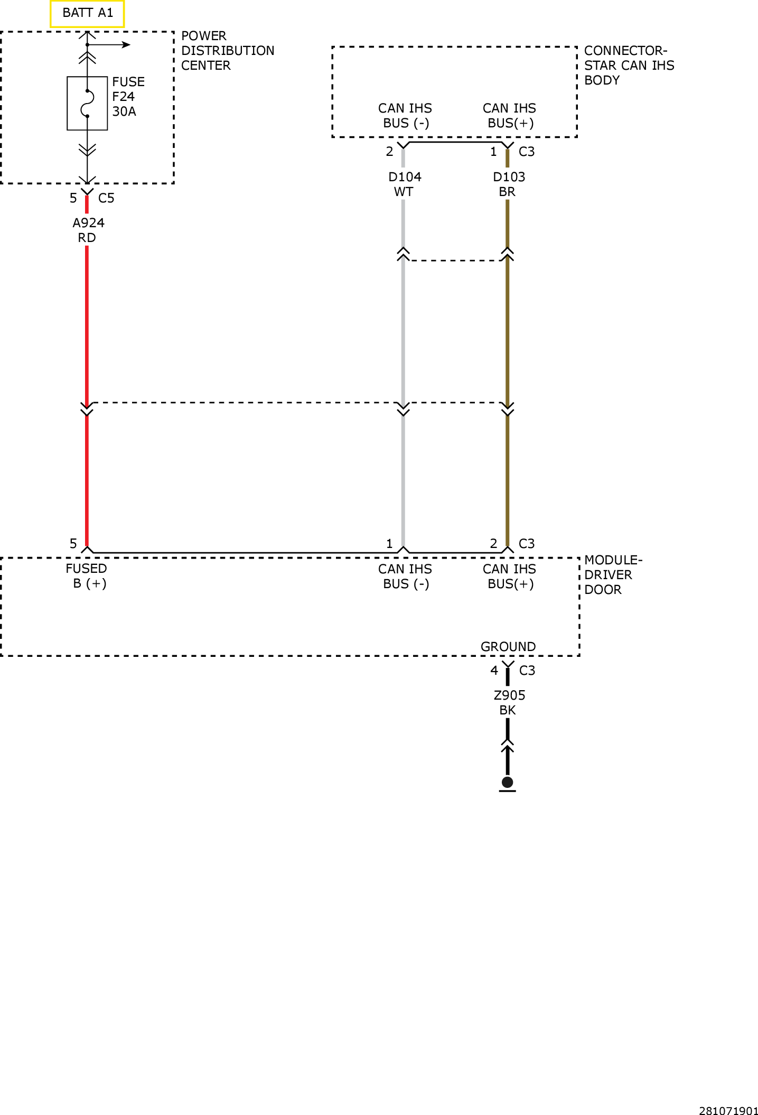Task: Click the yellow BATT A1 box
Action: (x=87, y=13)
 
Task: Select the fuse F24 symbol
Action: (x=87, y=103)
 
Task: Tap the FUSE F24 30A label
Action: (x=128, y=97)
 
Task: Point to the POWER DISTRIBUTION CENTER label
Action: (x=228, y=51)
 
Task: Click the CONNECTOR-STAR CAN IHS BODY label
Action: (x=629, y=66)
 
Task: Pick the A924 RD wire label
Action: (x=88, y=230)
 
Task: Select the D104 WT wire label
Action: (x=405, y=184)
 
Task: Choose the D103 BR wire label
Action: (x=509, y=184)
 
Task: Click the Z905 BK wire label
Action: (x=509, y=703)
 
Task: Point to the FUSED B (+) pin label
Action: (x=87, y=576)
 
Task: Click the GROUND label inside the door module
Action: (x=508, y=647)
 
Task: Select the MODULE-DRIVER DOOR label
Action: (x=613, y=575)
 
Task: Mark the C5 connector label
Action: (x=106, y=198)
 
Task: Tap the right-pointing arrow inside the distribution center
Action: (x=109, y=45)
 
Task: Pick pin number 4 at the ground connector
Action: (x=494, y=671)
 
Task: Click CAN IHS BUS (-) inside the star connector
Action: (x=405, y=116)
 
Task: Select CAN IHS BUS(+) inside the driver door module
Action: (x=510, y=577)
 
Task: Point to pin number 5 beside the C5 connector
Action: (x=73, y=198)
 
